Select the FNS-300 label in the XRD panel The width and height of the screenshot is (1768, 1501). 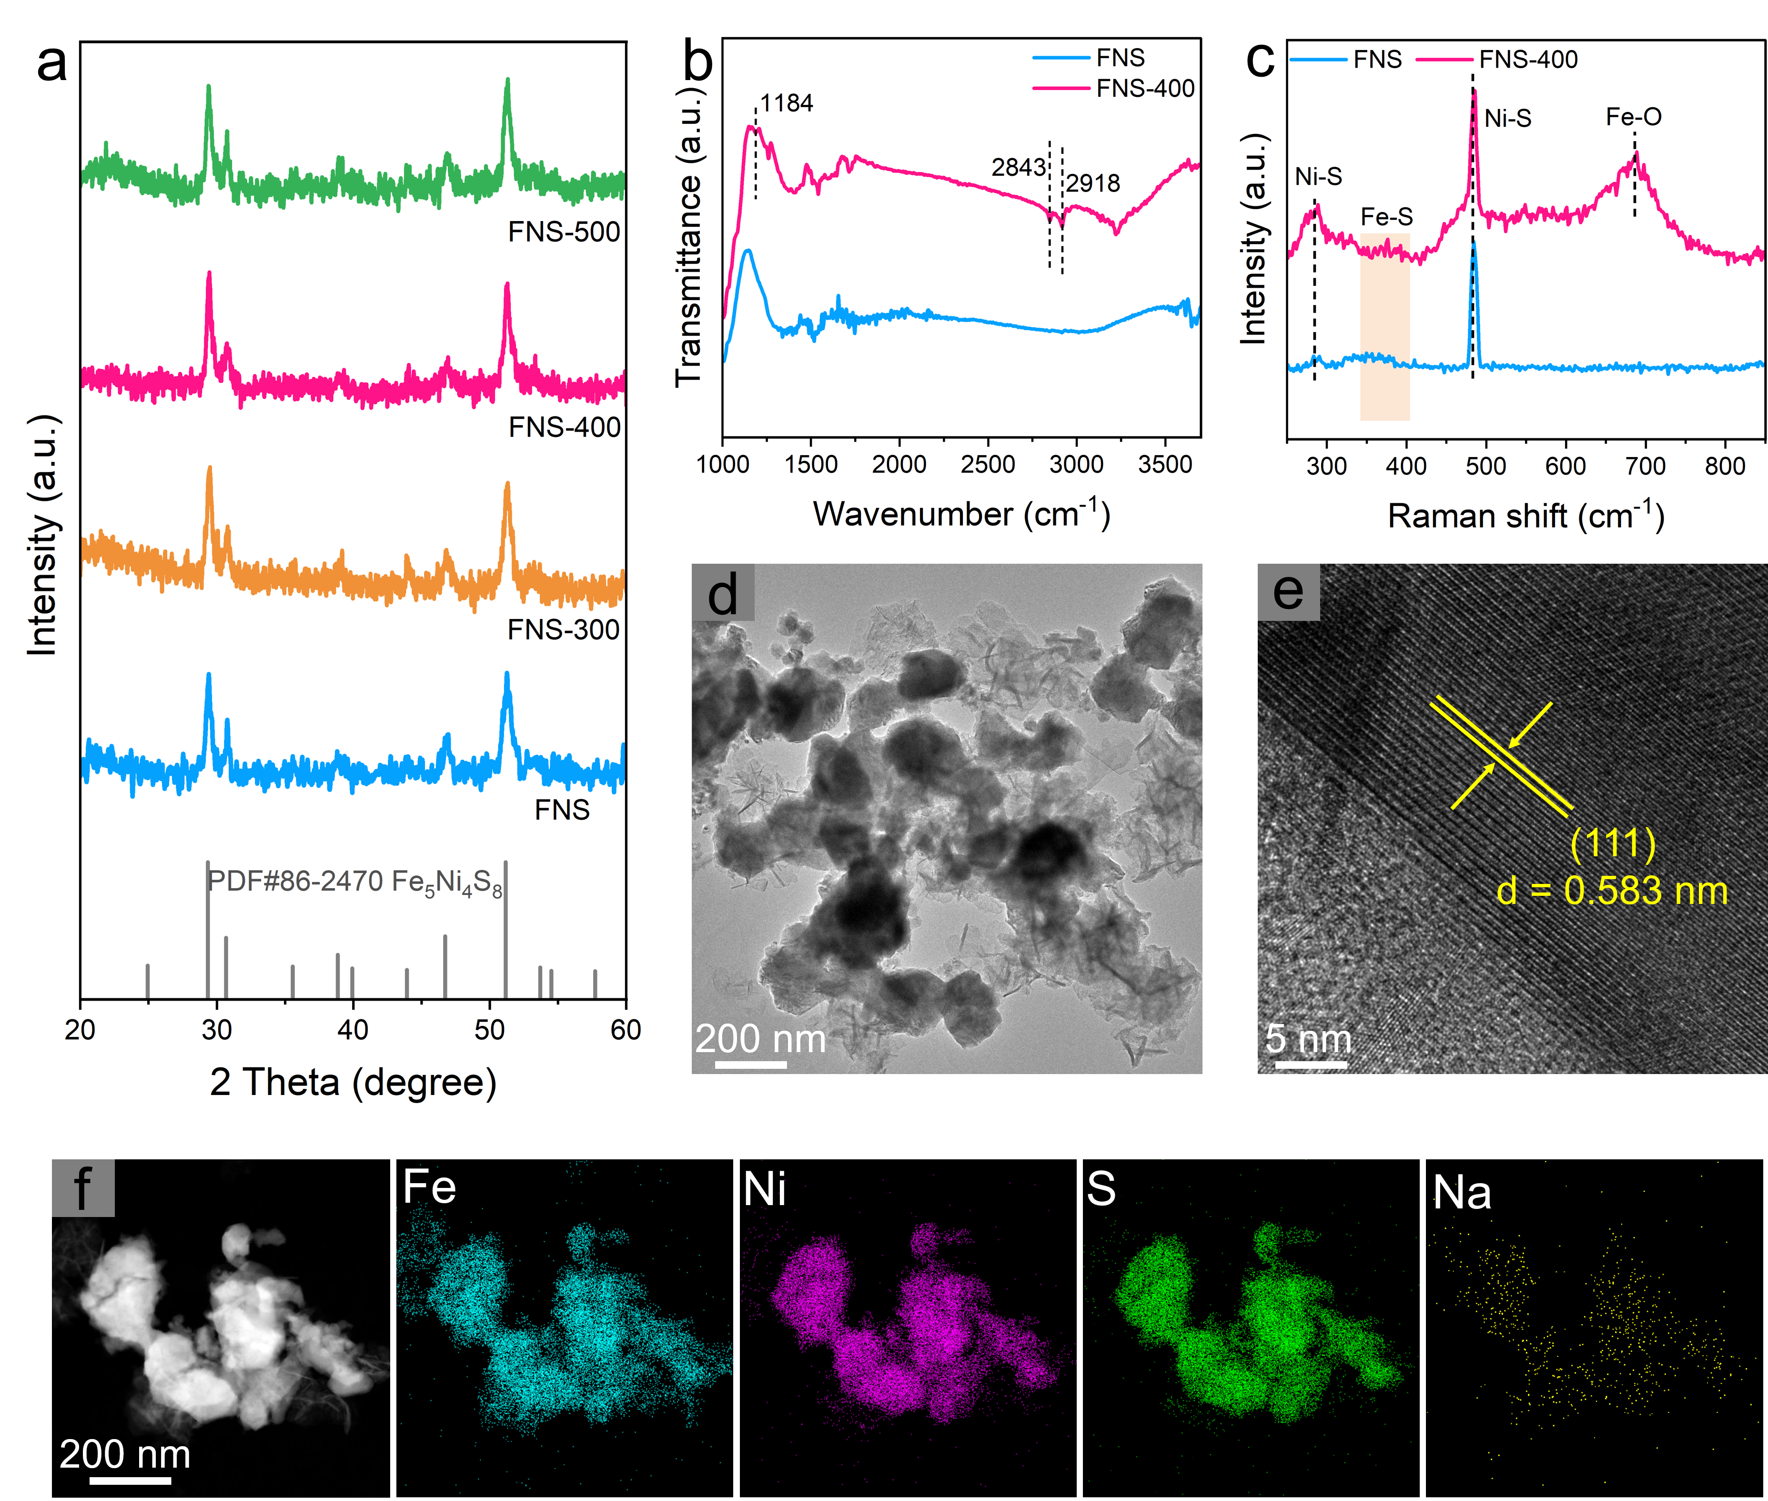coord(563,629)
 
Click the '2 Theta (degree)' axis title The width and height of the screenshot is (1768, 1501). coord(353,1082)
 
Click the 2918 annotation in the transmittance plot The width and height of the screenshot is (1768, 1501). coord(1093,183)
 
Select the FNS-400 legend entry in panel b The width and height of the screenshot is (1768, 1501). coord(1145,89)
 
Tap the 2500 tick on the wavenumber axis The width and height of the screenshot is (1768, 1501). coord(988,465)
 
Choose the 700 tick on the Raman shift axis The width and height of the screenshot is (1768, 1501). coord(1646,467)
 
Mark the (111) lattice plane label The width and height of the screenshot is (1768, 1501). coord(1612,843)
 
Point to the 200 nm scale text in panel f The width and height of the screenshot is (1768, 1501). coord(125,1454)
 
